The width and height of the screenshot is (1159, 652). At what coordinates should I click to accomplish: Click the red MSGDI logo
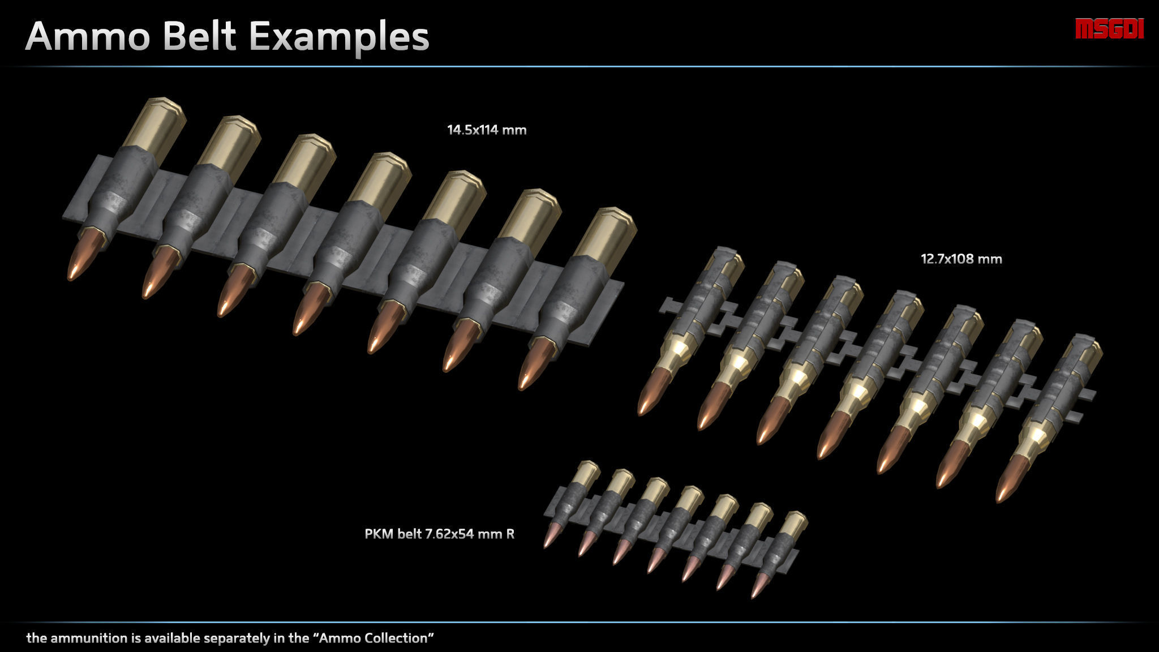[x=1109, y=29]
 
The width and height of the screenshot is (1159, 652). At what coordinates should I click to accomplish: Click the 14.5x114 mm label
[x=487, y=130]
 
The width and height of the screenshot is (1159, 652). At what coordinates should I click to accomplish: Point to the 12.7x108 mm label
[x=961, y=259]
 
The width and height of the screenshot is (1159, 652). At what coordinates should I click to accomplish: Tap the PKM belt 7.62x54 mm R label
[x=439, y=534]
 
